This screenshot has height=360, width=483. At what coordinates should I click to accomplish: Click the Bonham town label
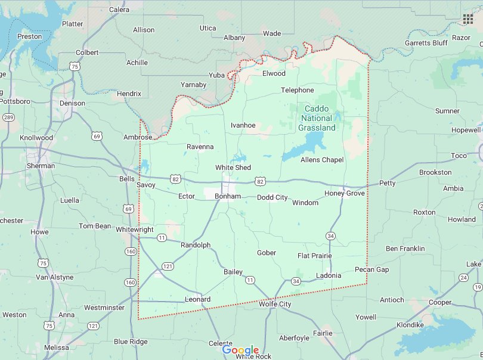click(x=228, y=196)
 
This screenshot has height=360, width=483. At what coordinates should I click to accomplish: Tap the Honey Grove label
click(x=344, y=193)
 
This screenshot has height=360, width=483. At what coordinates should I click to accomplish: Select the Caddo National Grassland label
click(x=317, y=118)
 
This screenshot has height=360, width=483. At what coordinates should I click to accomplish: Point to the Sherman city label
click(x=41, y=166)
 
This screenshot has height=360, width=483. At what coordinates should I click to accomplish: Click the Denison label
click(x=72, y=103)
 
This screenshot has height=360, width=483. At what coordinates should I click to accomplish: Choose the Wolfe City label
click(x=275, y=304)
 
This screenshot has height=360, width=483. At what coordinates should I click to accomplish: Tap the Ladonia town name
click(x=328, y=275)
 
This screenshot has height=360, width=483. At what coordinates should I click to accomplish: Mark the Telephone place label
click(x=297, y=90)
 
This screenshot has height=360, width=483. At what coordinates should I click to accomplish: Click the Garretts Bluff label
click(x=426, y=43)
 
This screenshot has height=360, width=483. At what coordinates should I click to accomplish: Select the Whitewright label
click(x=134, y=229)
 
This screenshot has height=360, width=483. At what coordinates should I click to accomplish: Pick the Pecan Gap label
click(x=371, y=269)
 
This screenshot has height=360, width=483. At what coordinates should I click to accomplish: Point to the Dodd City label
click(x=272, y=197)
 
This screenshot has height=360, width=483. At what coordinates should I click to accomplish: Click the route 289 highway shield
click(x=8, y=117)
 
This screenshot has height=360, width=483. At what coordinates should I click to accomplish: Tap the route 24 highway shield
click(x=463, y=278)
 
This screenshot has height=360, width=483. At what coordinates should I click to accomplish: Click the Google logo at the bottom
click(x=241, y=350)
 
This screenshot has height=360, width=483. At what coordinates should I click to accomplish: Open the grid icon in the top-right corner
click(x=468, y=18)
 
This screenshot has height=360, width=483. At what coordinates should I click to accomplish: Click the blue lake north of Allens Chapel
click(x=305, y=146)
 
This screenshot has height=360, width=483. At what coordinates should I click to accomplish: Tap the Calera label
click(x=119, y=10)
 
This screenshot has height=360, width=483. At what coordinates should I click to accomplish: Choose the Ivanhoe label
click(x=243, y=125)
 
